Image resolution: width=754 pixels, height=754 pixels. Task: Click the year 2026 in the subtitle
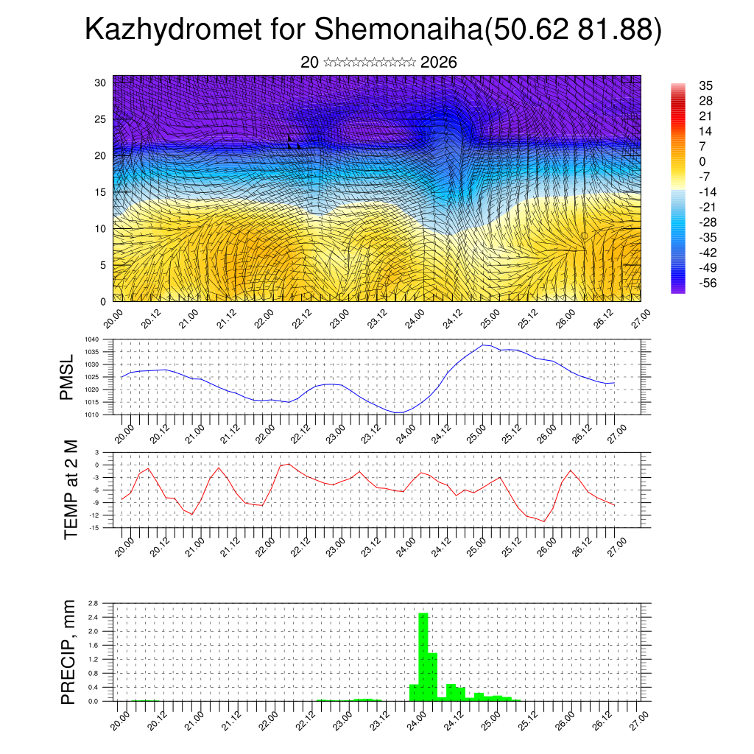coord(439,63)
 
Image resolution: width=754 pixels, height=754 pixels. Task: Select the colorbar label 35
coord(705,86)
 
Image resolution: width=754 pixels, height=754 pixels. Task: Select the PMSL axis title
coord(67,377)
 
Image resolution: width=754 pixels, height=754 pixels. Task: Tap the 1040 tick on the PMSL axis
coord(91,339)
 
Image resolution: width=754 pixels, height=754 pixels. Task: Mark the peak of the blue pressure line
coord(483,345)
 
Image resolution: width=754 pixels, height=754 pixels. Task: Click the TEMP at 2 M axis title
coord(71,489)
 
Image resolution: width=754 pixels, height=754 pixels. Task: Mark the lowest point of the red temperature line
coord(544,521)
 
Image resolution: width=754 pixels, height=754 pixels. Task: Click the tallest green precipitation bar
coord(423,655)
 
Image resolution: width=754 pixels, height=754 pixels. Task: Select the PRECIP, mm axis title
coord(68,651)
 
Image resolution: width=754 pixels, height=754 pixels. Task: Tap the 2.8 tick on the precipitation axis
coord(94,603)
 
